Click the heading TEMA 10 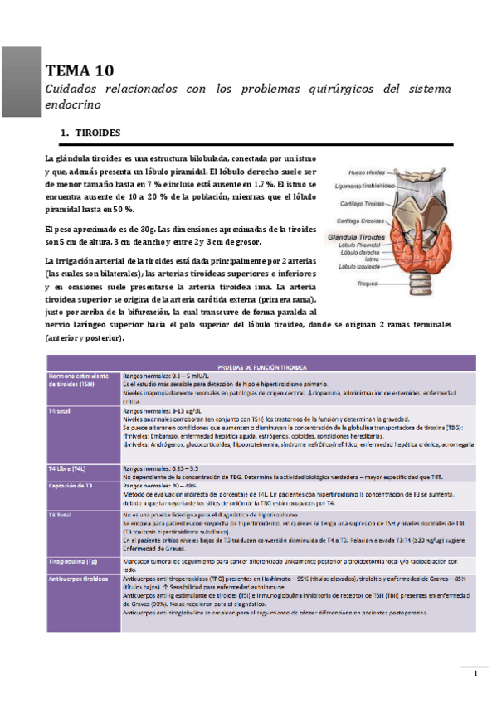74,70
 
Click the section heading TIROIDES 98,133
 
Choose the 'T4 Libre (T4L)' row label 68,468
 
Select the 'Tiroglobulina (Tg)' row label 76,561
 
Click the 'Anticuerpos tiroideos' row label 77,578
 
